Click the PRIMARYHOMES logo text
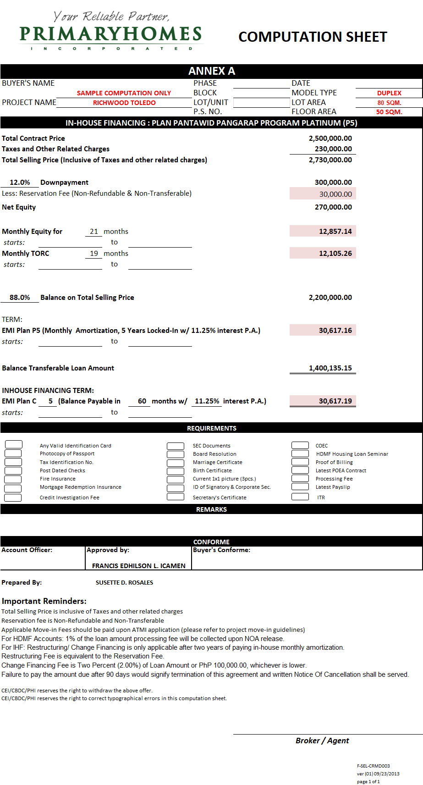pos(110,34)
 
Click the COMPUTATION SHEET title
pos(313,37)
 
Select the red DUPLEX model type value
pos(389,93)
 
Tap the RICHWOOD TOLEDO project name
pos(124,103)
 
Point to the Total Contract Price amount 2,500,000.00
pos(330,138)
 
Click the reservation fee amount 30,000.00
pos(335,194)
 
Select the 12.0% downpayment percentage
pos(20,182)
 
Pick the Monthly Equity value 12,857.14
pos(335,232)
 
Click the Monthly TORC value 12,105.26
pos(335,254)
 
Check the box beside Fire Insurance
pos(13,479)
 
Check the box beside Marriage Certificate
pos(176,462)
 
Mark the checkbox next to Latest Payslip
pos(300,487)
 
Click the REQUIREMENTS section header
pos(211,428)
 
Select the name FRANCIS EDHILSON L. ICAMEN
pos(138,566)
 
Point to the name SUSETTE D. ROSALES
pos(124,583)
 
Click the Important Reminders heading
pos(44,601)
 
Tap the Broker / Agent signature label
pos(322,741)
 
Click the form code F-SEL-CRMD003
pos(373,766)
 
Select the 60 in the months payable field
pos(142,401)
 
